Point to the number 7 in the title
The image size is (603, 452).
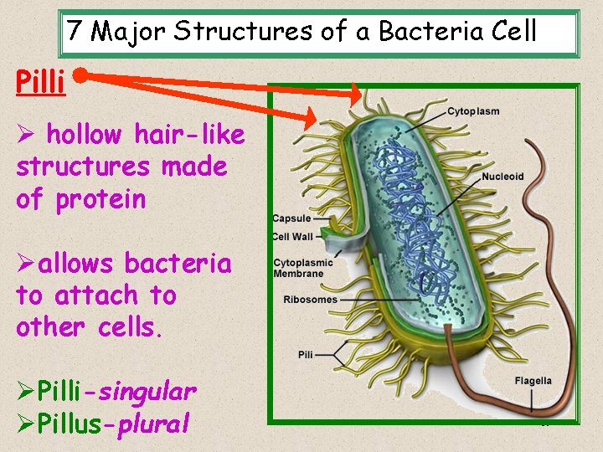point(75,32)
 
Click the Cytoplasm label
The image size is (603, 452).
point(473,111)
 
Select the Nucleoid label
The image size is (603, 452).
point(502,177)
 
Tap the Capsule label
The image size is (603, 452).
point(291,219)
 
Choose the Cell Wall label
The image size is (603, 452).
point(292,236)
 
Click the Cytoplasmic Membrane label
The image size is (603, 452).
point(302,268)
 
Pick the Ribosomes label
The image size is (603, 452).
point(310,300)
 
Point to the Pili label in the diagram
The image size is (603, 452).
point(305,355)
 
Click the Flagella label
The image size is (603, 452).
point(533,381)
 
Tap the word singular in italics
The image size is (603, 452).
point(149,391)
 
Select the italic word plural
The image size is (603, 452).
point(153,424)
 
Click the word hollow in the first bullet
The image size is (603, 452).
point(82,134)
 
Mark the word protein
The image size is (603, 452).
point(100,199)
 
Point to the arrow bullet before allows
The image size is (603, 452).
point(25,264)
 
